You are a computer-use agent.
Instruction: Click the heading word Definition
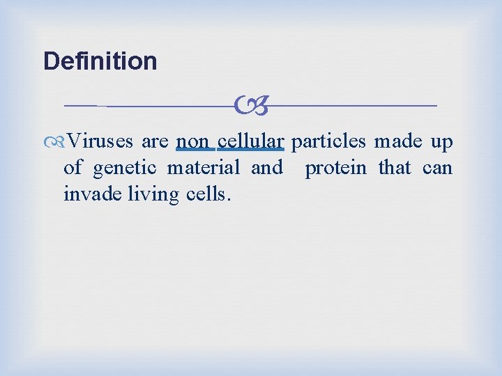click(x=100, y=61)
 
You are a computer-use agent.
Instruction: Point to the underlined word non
click(x=192, y=142)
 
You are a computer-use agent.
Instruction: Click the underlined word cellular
click(x=250, y=142)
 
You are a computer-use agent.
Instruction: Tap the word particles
click(x=328, y=142)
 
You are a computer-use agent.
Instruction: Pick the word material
click(x=203, y=168)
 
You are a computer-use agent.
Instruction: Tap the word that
click(x=395, y=168)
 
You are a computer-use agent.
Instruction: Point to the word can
click(x=437, y=169)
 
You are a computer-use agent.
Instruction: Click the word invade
click(x=84, y=194)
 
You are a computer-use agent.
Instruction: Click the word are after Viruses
click(x=154, y=143)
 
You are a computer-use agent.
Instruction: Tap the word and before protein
click(x=266, y=168)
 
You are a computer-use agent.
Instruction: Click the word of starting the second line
click(x=73, y=168)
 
